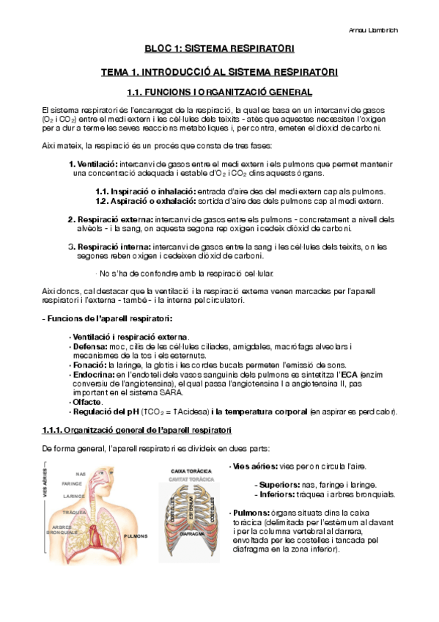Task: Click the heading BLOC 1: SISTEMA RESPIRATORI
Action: coord(219,49)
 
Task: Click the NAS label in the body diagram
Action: coord(81,473)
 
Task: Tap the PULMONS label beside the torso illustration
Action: coord(137,535)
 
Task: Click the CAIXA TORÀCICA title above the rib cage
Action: coord(187,470)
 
